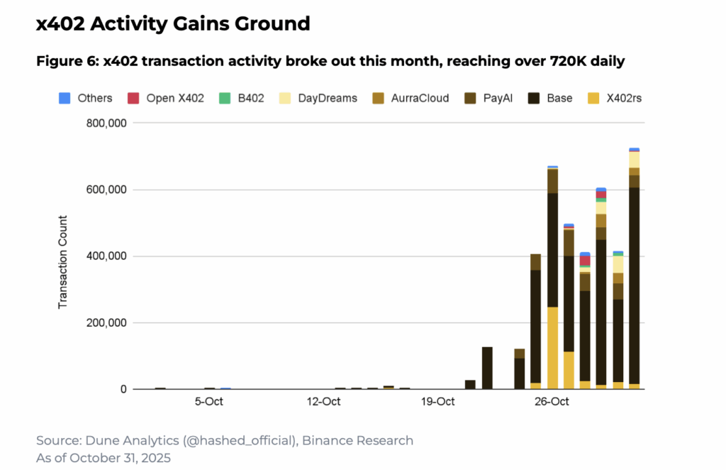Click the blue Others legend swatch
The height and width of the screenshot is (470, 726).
(65, 98)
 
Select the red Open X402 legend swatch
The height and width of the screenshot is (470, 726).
(133, 98)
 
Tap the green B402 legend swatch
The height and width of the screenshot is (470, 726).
(225, 98)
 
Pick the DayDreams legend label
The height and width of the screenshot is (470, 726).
(328, 98)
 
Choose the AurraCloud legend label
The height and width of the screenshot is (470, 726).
(420, 98)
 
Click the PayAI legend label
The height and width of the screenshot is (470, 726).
(498, 98)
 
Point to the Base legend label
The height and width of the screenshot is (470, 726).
(559, 98)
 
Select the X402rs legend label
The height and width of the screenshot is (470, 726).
(624, 98)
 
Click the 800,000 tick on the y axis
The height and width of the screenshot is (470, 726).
(106, 124)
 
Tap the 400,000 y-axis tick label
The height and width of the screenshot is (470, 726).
(106, 256)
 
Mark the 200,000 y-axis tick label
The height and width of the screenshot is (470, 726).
(106, 323)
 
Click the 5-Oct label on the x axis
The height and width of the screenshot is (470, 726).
(209, 401)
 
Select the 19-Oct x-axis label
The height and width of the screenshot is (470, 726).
(437, 401)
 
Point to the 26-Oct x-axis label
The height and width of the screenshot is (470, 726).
(552, 401)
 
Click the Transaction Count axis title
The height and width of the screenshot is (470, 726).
(62, 262)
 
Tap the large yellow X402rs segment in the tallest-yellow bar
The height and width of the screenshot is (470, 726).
(552, 348)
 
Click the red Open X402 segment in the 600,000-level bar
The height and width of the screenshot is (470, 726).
(601, 195)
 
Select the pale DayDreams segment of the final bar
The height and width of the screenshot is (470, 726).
(635, 160)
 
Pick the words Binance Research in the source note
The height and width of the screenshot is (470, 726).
(357, 440)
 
